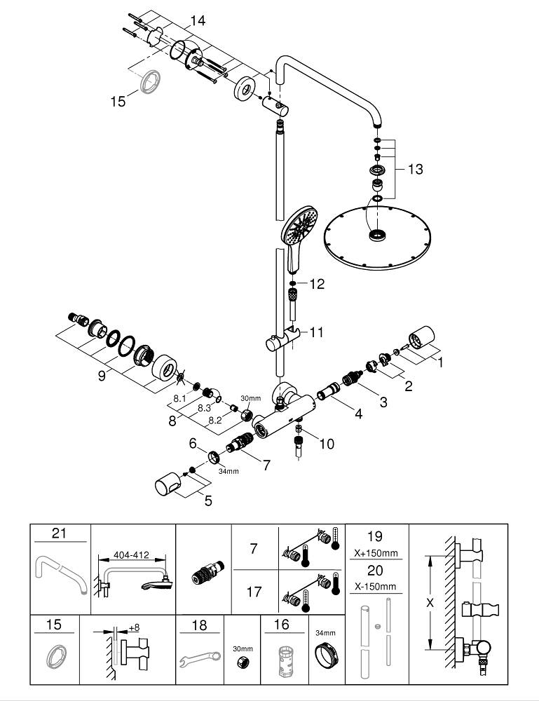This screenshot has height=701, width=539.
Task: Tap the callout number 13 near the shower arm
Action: pos(415,169)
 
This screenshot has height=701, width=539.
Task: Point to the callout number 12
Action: pos(317,284)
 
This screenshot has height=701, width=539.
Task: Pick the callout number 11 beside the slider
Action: pos(316,332)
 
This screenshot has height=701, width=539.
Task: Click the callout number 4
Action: pos(358,414)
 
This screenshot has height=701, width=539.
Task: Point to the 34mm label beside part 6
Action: pos(228,470)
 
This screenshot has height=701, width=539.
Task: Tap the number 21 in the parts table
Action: pos(59,534)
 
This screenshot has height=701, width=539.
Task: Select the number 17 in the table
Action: pos(254,592)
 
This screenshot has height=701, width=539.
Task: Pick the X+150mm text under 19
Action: pos(375,552)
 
